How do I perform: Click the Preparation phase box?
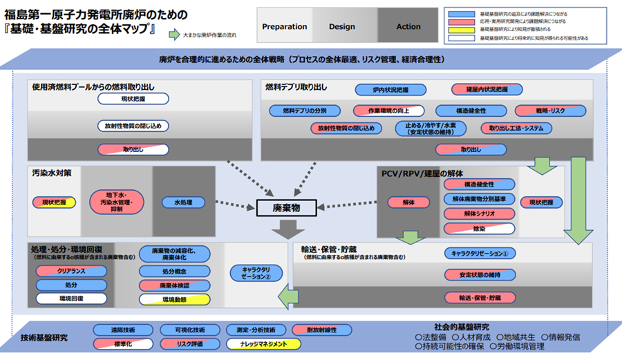285,27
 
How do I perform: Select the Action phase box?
408,27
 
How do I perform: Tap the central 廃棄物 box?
285,207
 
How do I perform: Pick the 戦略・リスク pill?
549,111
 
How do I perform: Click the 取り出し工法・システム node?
516,129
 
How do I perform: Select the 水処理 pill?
183,202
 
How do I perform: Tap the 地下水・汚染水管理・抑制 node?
115,203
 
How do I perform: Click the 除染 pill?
479,228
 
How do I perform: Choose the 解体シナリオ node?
479,214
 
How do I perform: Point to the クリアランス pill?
71,271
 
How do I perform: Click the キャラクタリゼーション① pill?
479,253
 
